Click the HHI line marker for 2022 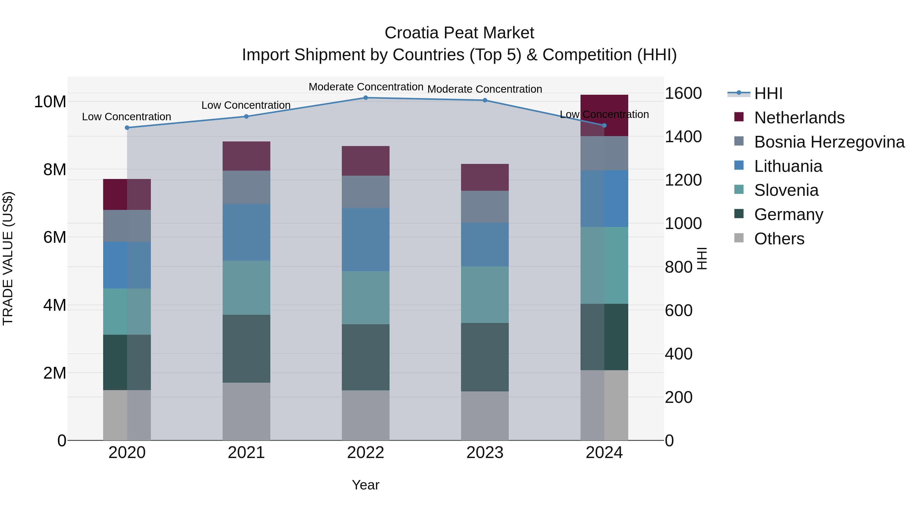click(365, 98)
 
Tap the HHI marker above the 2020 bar click(127, 128)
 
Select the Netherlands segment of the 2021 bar click(246, 156)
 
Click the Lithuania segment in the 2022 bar click(365, 239)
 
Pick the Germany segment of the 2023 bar click(485, 357)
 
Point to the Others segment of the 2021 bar click(246, 411)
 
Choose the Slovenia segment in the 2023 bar click(485, 295)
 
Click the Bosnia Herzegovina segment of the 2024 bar click(604, 153)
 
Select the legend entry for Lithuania click(788, 166)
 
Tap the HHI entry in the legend click(768, 93)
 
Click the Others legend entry click(779, 239)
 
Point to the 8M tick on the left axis click(55, 170)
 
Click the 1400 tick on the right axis click(683, 137)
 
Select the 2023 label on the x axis click(485, 453)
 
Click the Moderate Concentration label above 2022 click(366, 87)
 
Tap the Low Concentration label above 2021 click(246, 105)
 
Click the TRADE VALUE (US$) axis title click(8, 258)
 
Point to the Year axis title click(365, 485)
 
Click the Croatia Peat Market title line click(459, 33)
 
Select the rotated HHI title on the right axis click(702, 258)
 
